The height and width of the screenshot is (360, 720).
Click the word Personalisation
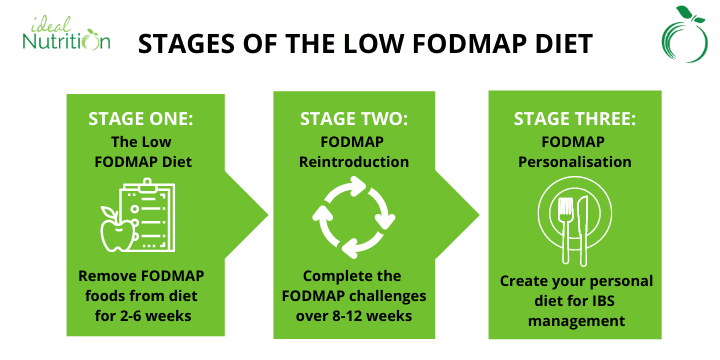point(573,161)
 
